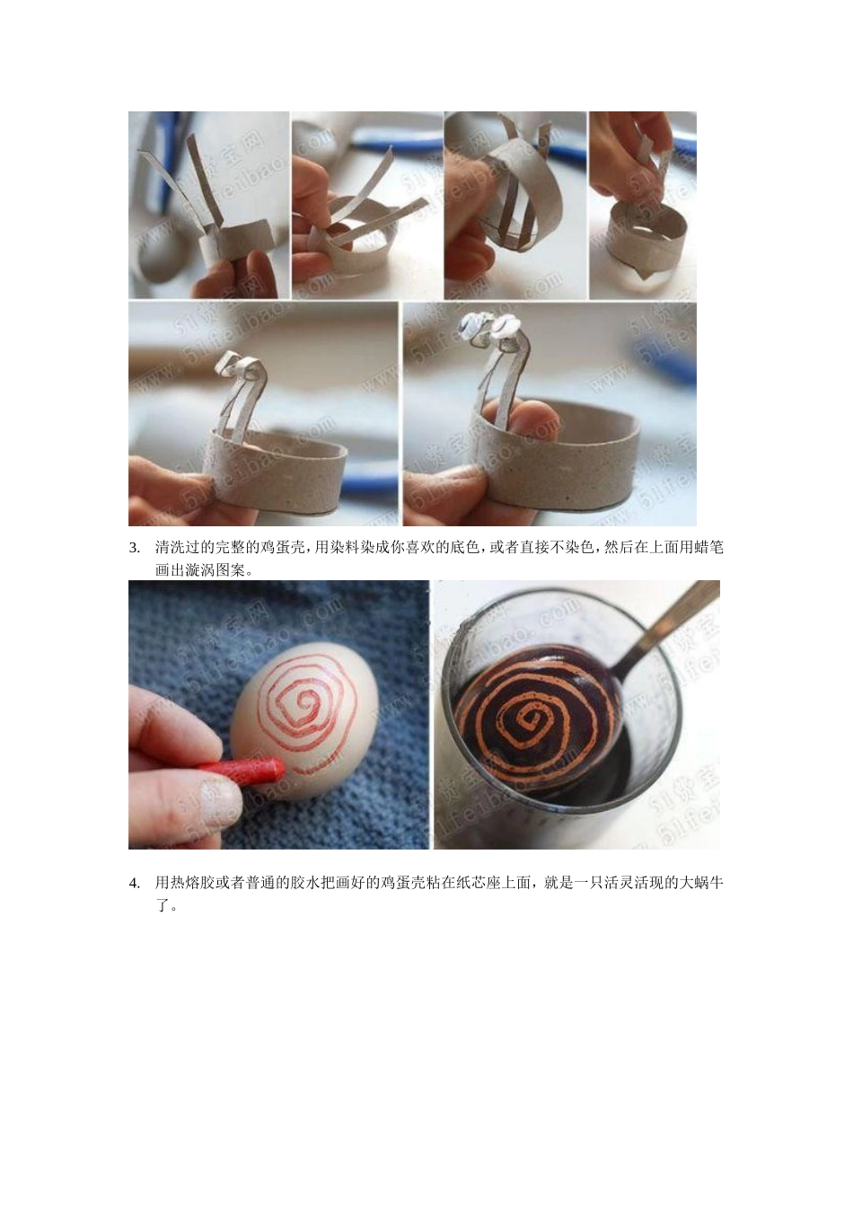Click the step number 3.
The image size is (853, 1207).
tap(135, 548)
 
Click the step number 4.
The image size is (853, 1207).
tap(135, 884)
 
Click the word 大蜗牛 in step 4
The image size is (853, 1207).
tap(700, 884)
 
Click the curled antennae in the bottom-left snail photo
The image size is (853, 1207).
tap(235, 369)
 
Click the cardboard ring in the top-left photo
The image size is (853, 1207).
tap(238, 240)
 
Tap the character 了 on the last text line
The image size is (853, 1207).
tap(163, 906)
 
